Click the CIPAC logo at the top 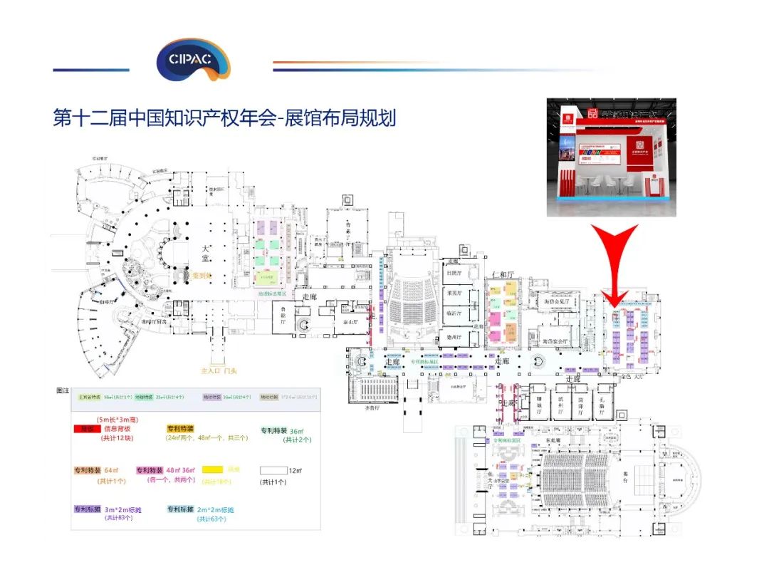pos(192,58)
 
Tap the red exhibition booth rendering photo pos(611,157)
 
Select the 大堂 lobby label pos(205,254)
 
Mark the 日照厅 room pos(454,273)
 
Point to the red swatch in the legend pos(87,430)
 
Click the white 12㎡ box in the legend pos(271,470)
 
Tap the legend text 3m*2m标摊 pos(120,510)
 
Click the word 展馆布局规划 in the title pos(340,118)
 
